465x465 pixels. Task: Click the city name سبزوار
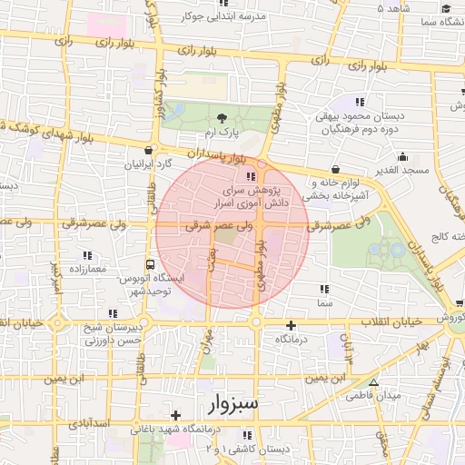226,401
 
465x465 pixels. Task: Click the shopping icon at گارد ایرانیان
148,152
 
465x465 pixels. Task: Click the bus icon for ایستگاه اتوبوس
150,263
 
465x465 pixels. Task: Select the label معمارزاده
86,270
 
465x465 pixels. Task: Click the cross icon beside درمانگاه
291,325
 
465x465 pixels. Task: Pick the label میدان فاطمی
372,396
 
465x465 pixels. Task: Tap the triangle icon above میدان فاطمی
373,382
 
